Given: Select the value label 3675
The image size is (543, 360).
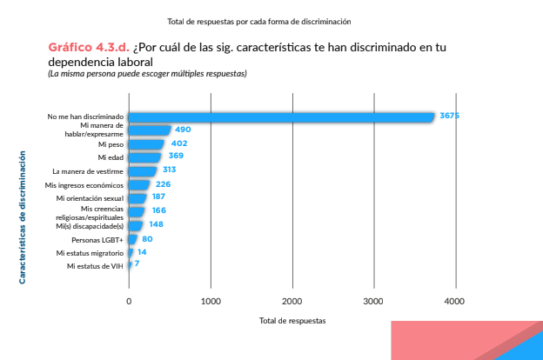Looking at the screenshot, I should click(x=449, y=116).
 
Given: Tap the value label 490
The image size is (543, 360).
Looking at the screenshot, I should click(x=183, y=130).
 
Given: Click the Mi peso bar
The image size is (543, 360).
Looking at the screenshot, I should click(x=146, y=143).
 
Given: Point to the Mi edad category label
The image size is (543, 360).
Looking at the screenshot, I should click(x=111, y=157).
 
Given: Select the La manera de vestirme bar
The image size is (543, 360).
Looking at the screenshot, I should click(x=143, y=170).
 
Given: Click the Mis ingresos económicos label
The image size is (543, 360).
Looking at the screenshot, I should click(x=84, y=185).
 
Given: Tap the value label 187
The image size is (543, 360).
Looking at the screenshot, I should click(x=158, y=197).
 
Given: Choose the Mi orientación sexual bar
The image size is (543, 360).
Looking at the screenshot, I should click(x=137, y=197).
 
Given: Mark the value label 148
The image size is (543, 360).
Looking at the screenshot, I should click(x=157, y=223).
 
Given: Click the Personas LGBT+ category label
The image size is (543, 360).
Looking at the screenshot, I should click(x=97, y=239).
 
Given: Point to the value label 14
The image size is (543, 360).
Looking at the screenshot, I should click(x=142, y=252).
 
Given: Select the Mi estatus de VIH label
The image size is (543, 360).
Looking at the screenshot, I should click(x=95, y=266).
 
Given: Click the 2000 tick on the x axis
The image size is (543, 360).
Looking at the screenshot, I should click(x=292, y=302).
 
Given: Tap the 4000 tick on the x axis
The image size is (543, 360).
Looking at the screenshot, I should click(x=455, y=302).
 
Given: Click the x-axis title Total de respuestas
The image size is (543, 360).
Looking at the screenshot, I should click(x=292, y=321).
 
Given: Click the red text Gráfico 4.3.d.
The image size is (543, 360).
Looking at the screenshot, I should click(x=88, y=46).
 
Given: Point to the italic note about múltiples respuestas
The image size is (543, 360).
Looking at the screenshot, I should click(x=147, y=74).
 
